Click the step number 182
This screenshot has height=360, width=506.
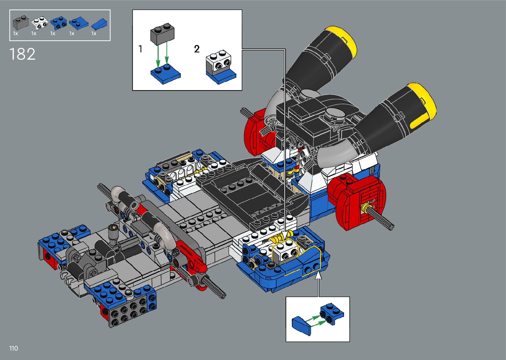coord(22,54)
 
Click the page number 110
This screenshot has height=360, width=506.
coord(14,348)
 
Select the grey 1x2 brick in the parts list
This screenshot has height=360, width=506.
coord(21,22)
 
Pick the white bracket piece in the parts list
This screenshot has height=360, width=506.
coord(40,23)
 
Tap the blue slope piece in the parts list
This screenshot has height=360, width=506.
coord(99,24)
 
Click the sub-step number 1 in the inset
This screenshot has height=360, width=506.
coord(140,49)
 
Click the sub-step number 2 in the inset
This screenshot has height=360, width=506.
coord(197,49)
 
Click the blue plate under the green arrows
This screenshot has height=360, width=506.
coord(166,74)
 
